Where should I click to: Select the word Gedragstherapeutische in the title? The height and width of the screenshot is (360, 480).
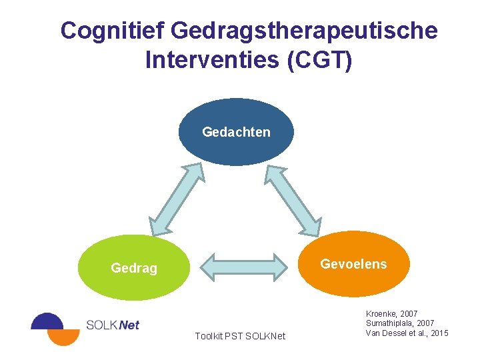point(305,31)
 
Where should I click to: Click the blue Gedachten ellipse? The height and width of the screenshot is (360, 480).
point(236,132)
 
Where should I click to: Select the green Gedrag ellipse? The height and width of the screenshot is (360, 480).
point(134,268)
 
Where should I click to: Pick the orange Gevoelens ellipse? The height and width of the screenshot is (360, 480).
point(353,264)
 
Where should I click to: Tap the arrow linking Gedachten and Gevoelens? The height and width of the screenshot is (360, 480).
point(293,200)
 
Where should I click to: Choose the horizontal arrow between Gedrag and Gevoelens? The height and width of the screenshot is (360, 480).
point(243,265)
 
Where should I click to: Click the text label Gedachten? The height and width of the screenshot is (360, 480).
point(236,132)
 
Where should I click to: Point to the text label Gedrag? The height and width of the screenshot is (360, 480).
point(134,269)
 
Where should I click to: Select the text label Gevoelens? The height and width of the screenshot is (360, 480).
point(353,264)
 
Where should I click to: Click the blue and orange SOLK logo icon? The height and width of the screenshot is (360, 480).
point(55,328)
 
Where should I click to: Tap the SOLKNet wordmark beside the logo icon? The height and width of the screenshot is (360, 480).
point(113,325)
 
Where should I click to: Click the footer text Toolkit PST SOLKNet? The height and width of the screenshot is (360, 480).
point(240,336)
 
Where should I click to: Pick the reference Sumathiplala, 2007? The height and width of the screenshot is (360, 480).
point(400,323)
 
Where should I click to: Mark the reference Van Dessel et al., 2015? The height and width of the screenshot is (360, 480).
point(407,333)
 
